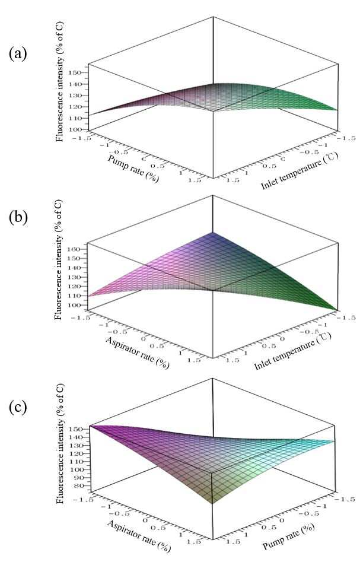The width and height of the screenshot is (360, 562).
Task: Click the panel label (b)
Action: (18, 218)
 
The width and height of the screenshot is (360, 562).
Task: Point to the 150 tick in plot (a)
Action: (77, 73)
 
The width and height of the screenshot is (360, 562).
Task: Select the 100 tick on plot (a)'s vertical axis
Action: (77, 129)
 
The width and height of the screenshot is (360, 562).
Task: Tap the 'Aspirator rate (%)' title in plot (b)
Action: (137, 353)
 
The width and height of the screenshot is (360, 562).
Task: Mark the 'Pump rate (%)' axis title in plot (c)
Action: (289, 536)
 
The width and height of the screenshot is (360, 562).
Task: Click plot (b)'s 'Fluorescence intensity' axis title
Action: (59, 260)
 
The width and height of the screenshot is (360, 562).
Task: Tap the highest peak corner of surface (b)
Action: (213, 232)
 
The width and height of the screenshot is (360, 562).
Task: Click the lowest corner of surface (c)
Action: (213, 504)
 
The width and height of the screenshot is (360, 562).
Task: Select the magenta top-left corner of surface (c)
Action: (90, 426)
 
